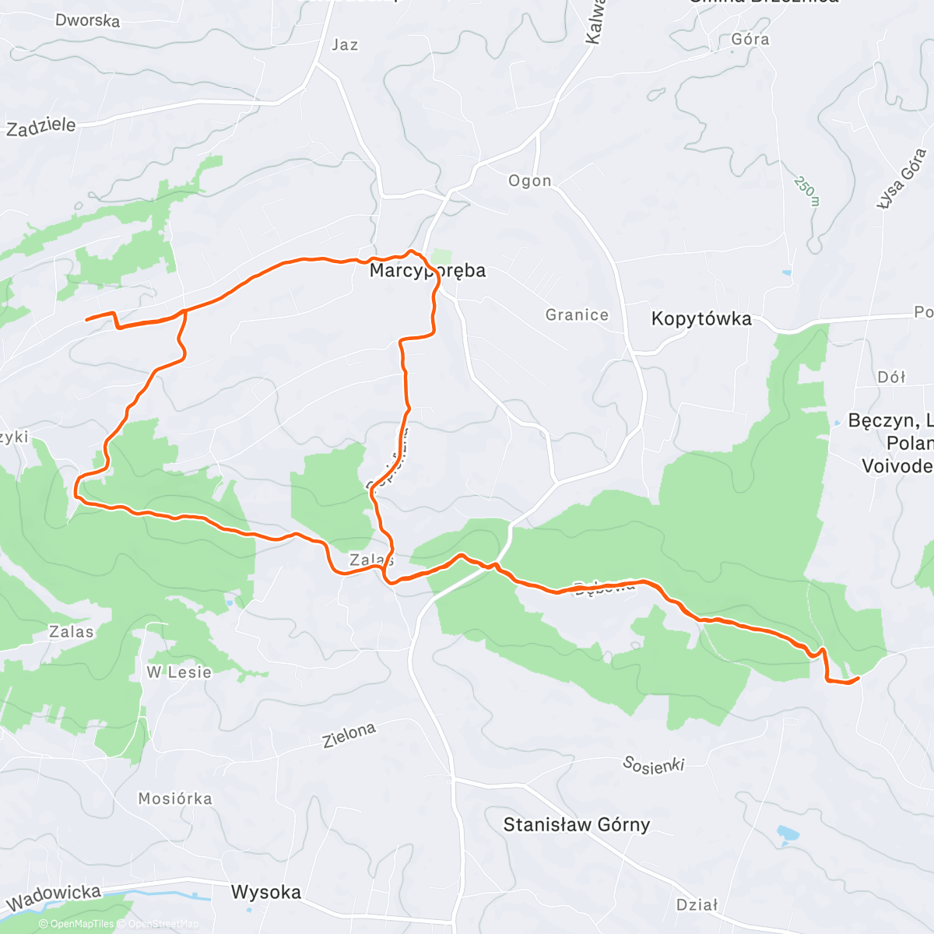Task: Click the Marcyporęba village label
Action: pos(427,271)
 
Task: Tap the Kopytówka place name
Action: pos(701,318)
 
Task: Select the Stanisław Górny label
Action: pos(576,824)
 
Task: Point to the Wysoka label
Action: pos(266,892)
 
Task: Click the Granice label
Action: pos(577,314)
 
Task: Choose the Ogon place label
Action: pos(530,181)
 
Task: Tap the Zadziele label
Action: pos(41,126)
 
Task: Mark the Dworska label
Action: pos(87,20)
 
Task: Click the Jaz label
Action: pos(345,45)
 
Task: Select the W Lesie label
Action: pos(179,672)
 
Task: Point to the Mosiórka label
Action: pos(175,799)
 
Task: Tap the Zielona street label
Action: pos(349,734)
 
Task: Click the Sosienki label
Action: pos(653,764)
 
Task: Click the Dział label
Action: pos(697,904)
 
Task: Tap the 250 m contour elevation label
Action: pos(807,191)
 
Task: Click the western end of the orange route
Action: pos(86,319)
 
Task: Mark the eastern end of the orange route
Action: pos(858,679)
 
